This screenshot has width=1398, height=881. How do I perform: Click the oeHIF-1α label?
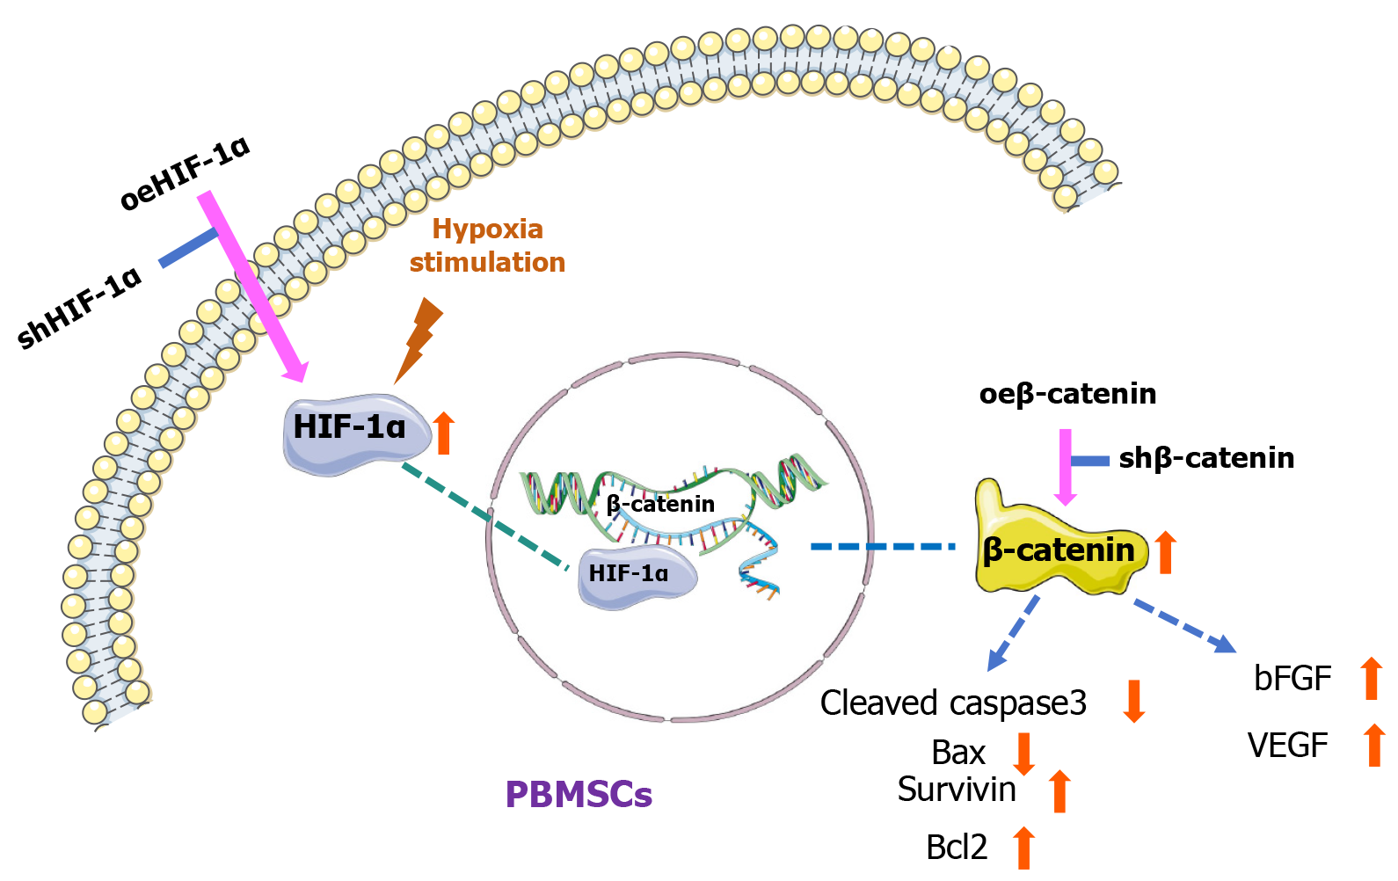[x=186, y=173]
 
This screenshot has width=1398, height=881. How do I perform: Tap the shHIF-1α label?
[x=80, y=308]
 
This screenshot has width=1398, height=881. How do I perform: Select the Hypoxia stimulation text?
[x=487, y=245]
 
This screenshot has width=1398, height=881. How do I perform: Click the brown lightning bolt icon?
[x=419, y=339]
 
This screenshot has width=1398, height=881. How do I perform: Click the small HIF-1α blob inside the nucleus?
[x=636, y=576]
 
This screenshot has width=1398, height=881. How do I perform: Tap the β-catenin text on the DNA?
[x=660, y=504]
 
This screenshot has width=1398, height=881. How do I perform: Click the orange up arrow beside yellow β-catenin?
[x=1166, y=552]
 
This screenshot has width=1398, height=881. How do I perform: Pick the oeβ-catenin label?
[x=1067, y=393]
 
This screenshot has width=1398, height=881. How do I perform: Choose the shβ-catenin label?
[x=1206, y=458]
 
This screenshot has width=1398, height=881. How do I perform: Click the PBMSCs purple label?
[x=579, y=794]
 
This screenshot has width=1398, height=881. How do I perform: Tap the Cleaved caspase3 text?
[x=953, y=703]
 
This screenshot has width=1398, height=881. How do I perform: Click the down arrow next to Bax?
[x=1023, y=754]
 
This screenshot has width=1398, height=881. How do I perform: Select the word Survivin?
[x=957, y=790]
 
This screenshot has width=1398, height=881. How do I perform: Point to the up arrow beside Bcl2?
[x=1023, y=848]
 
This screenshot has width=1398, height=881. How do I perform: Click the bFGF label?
[x=1292, y=679]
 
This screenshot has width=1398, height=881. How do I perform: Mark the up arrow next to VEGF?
[x=1374, y=744]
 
